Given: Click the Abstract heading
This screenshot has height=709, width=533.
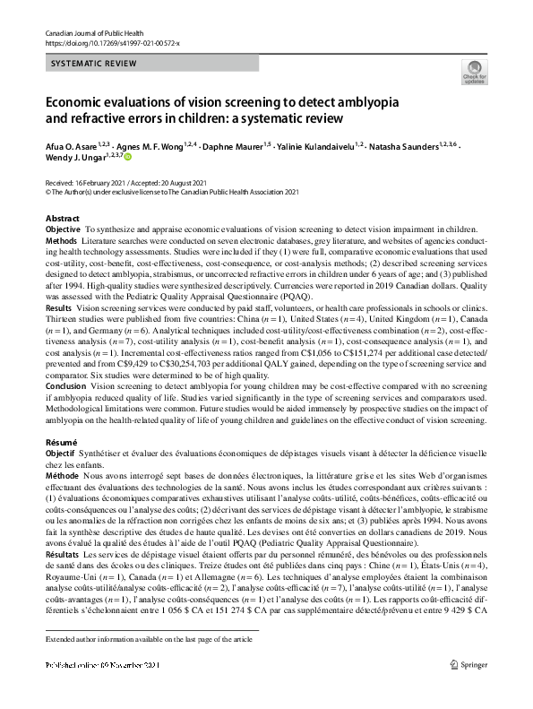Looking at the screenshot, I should (x=62, y=219).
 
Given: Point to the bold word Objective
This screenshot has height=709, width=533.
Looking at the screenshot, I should (x=63, y=230).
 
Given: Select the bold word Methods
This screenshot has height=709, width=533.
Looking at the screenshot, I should (x=61, y=242).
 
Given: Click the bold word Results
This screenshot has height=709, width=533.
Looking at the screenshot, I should (x=59, y=307).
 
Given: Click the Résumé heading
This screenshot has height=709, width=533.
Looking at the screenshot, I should (x=61, y=444).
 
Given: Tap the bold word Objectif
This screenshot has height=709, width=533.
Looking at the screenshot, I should (x=62, y=455).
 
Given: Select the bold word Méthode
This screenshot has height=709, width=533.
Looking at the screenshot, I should (x=62, y=477).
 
